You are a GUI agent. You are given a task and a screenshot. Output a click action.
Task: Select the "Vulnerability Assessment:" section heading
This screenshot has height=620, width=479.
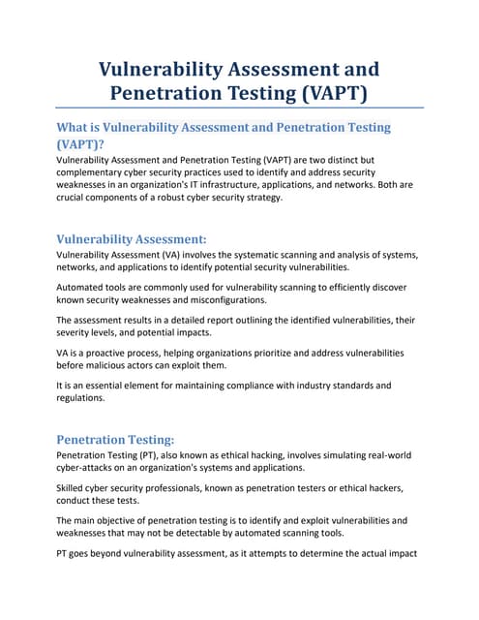(131, 238)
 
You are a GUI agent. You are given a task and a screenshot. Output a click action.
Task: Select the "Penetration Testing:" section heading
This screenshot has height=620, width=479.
(115, 439)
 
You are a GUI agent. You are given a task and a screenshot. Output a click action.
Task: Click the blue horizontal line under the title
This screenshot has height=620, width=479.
(239, 107)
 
